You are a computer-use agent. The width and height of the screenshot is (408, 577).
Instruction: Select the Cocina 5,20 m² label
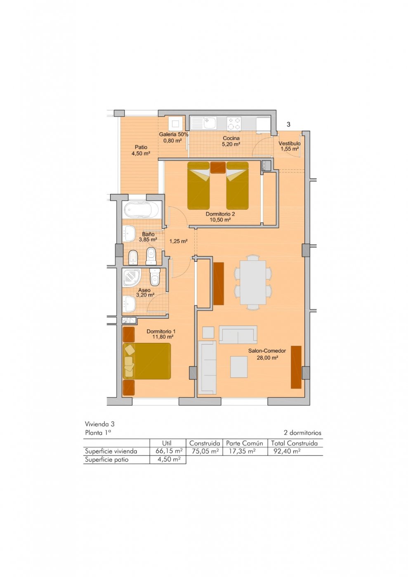tap(231, 141)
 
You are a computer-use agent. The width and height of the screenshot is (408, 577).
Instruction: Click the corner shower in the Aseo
tap(131, 278)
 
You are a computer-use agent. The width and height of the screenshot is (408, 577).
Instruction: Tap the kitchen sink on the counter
tap(203, 123)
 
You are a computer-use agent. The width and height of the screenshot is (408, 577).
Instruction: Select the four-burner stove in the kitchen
tap(234, 123)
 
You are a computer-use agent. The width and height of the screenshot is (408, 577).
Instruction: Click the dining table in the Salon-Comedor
tap(253, 282)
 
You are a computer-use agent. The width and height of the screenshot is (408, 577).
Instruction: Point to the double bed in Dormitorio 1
tap(147, 361)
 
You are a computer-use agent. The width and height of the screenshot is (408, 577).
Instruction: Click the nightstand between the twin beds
tap(218, 167)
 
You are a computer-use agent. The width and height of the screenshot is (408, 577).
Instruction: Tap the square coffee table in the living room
tap(239, 367)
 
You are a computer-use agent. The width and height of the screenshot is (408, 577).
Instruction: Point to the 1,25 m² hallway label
tap(178, 242)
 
